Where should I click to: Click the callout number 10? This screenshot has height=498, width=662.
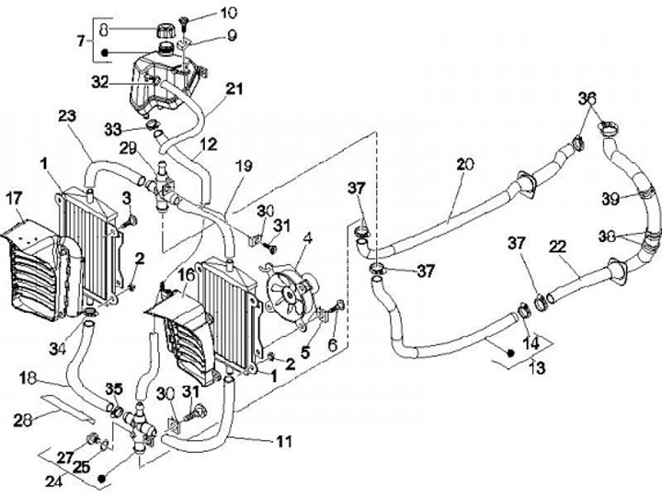coord(228,13)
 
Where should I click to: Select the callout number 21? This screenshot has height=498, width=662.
coord(234,88)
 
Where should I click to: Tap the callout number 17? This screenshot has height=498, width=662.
coord(14,199)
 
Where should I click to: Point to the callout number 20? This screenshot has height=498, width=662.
coord(465,165)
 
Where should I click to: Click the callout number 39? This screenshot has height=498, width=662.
coord(611,199)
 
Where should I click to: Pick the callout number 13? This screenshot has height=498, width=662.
coord(537,368)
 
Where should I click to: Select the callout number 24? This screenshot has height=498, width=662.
coord(54,481)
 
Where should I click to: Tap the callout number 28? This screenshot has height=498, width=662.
coord(23,420)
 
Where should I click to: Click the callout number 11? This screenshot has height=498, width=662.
coord(284,442)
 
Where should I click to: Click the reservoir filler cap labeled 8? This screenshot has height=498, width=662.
coord(165,30)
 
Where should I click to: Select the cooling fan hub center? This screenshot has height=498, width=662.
coord(288,294)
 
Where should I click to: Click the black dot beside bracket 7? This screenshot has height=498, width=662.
coord(105,52)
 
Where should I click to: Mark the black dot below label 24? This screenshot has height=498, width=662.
coord(101,479)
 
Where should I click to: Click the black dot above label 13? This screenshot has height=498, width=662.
coord(510,353)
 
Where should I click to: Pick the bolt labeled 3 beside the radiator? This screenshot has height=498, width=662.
coord(130,222)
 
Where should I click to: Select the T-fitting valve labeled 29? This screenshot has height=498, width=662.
coord(163,186)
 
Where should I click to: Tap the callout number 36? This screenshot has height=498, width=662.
coord(587,98)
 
